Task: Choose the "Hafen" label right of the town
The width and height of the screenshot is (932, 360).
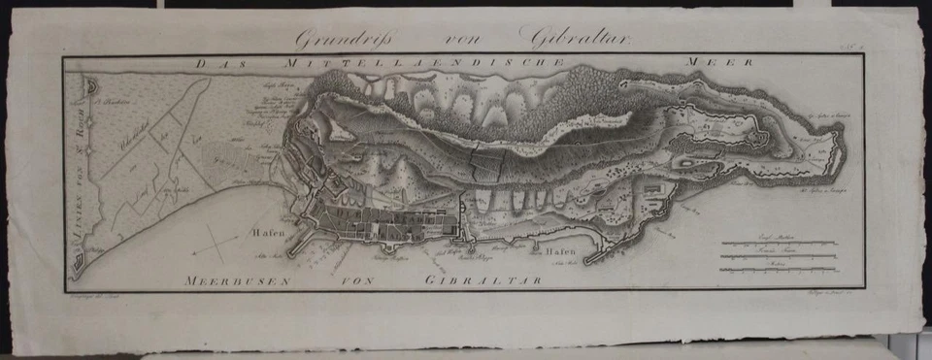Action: coord(559,251)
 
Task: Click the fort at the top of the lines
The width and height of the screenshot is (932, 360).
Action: coord(90,87)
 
